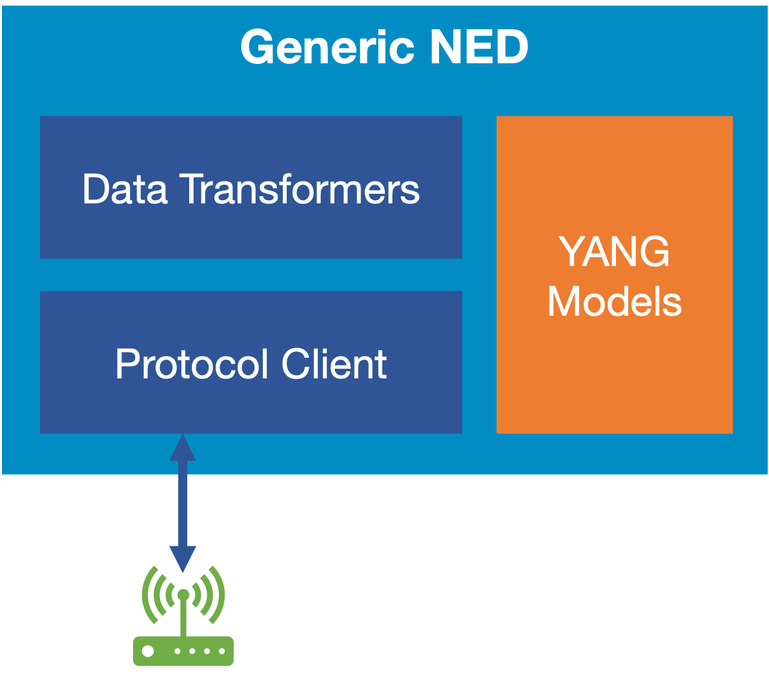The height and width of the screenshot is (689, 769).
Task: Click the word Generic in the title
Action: (x=327, y=48)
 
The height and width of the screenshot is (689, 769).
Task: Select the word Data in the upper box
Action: (x=125, y=189)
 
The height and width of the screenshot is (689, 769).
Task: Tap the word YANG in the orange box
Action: (x=614, y=252)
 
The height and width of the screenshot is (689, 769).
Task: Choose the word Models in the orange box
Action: (x=614, y=302)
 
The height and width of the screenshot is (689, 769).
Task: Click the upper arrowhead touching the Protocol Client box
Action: (x=183, y=447)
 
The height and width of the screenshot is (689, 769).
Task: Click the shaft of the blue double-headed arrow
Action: (x=183, y=504)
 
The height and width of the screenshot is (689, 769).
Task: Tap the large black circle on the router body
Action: (x=148, y=651)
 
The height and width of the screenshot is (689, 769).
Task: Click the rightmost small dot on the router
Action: (x=221, y=651)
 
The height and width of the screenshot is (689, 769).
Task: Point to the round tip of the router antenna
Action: (x=183, y=594)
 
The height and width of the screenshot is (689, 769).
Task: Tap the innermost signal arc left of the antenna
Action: (x=170, y=595)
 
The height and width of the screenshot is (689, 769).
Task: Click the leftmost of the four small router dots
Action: (x=177, y=651)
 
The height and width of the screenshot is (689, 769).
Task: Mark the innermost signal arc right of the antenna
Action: (x=197, y=595)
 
